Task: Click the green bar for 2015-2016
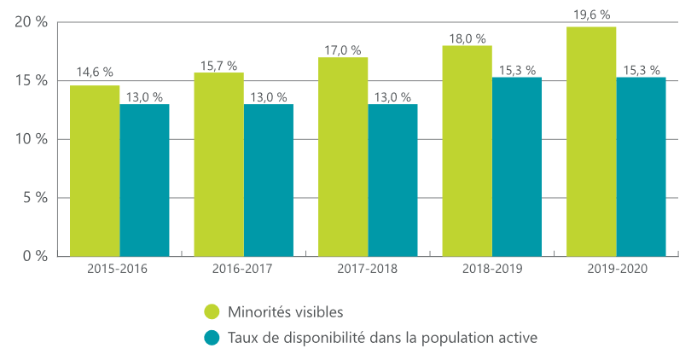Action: (x=95, y=171)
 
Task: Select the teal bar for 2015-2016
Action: (x=144, y=180)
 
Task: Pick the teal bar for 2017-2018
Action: (x=392, y=180)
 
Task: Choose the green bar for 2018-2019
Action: (x=467, y=151)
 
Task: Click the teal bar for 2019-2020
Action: (x=641, y=166)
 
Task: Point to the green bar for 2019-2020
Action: (x=591, y=142)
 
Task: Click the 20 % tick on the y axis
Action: (x=31, y=22)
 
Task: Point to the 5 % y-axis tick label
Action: (x=35, y=198)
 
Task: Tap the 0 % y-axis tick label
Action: (x=35, y=256)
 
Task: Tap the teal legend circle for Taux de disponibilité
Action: (x=212, y=337)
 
